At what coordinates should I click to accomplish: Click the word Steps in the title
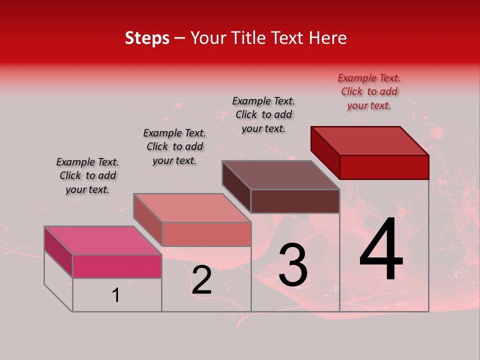tap(147, 38)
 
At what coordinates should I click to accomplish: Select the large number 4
tap(381, 251)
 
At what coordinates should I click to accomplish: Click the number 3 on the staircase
tap(293, 265)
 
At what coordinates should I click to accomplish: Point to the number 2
tap(201, 280)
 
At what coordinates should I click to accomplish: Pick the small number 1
tap(116, 295)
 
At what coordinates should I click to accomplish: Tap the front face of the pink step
tap(117, 266)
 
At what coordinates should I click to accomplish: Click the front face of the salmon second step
tap(206, 234)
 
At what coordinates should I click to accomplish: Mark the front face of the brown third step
tap(295, 201)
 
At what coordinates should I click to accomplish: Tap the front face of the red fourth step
tap(384, 167)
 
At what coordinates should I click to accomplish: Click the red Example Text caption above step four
tap(369, 92)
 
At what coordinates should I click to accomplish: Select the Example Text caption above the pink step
tap(87, 176)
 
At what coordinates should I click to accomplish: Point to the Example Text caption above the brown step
tap(263, 115)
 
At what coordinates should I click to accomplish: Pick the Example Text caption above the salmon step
tap(174, 147)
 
